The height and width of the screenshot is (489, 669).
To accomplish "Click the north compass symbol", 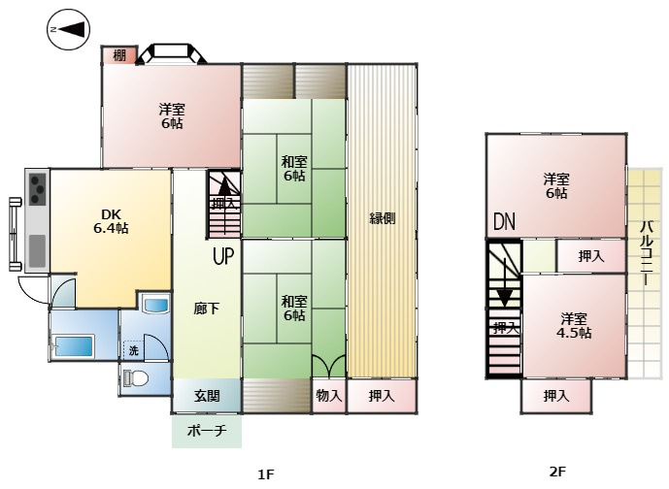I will (x=67, y=31).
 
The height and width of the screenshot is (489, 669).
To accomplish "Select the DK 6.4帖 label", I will (x=111, y=221).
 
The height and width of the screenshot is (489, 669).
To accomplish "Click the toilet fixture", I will (x=135, y=379).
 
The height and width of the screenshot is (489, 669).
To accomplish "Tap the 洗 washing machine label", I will (x=133, y=349).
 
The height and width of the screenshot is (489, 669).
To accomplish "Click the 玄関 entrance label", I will (x=206, y=395).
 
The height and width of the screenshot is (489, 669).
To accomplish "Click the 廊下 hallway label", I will (x=206, y=309).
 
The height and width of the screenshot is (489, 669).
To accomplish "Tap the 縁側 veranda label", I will (x=382, y=217).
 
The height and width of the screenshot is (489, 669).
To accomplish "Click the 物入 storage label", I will (x=328, y=395).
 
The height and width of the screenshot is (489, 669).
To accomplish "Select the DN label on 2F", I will (x=503, y=222).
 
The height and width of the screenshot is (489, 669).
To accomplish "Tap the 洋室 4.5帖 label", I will (x=574, y=325).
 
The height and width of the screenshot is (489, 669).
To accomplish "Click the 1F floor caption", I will (x=265, y=473).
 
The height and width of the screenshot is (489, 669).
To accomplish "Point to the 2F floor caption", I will (x=557, y=473).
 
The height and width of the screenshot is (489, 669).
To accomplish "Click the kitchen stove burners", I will (x=37, y=187).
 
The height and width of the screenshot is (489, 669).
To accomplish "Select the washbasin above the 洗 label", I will (x=155, y=308).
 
